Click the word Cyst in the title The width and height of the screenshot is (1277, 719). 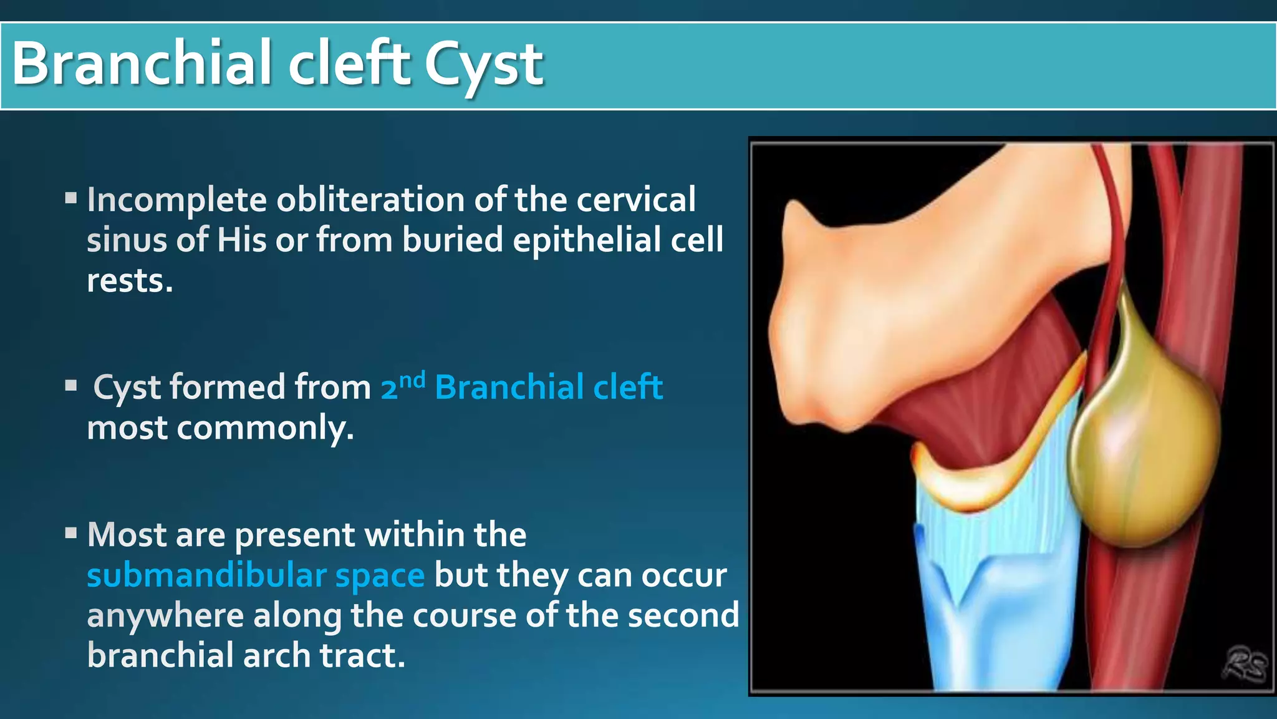(x=483, y=65)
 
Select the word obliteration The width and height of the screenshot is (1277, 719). (x=370, y=200)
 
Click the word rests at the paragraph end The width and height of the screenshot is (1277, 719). (x=128, y=281)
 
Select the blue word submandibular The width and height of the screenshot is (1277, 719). (x=206, y=575)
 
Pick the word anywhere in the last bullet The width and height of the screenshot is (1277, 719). (x=165, y=616)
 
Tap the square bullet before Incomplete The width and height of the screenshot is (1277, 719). (x=71, y=199)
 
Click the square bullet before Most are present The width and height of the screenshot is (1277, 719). (x=71, y=534)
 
